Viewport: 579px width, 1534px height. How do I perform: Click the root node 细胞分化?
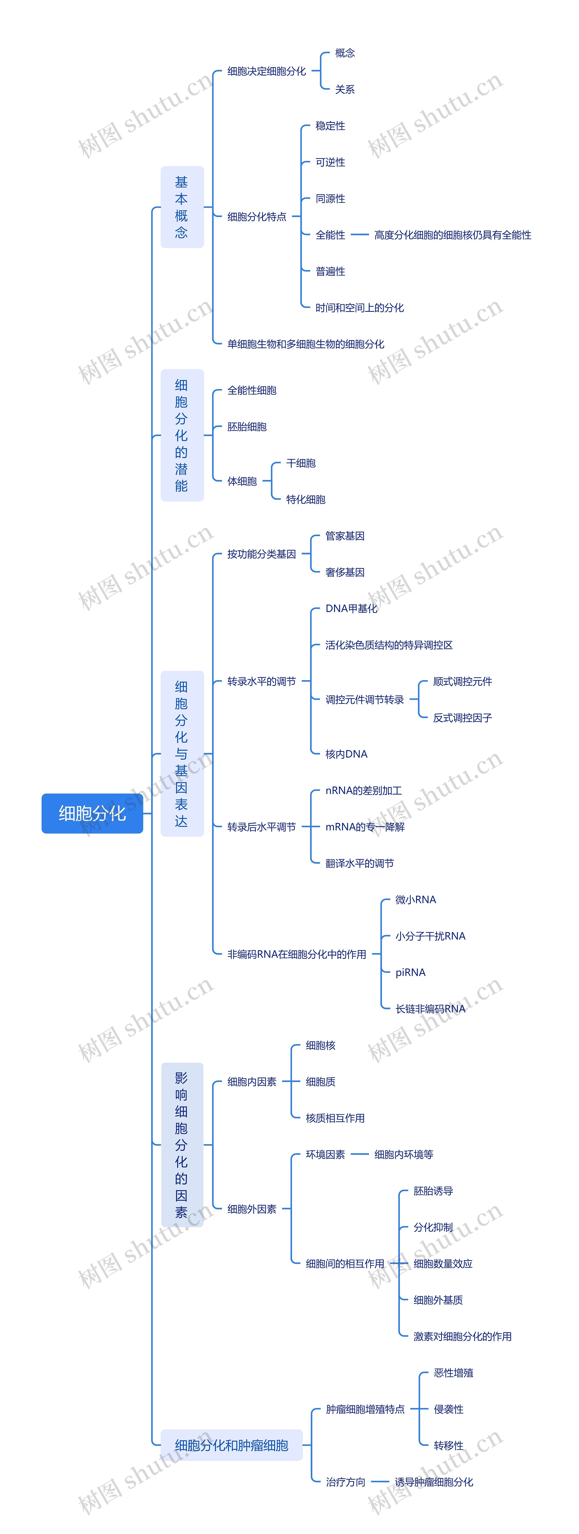click(92, 813)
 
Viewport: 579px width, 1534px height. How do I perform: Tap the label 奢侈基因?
click(345, 572)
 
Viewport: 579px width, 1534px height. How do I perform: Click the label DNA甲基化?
click(351, 609)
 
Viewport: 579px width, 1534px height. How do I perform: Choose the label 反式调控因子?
click(462, 718)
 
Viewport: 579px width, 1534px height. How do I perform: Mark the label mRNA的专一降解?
click(365, 827)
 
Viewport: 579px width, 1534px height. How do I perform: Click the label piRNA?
click(411, 972)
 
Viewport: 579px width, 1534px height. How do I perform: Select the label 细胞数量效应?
click(443, 1264)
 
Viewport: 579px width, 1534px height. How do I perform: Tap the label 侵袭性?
click(448, 1409)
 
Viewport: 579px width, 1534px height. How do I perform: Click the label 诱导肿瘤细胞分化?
click(434, 1482)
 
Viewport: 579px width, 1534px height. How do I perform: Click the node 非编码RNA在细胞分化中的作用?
click(297, 954)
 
